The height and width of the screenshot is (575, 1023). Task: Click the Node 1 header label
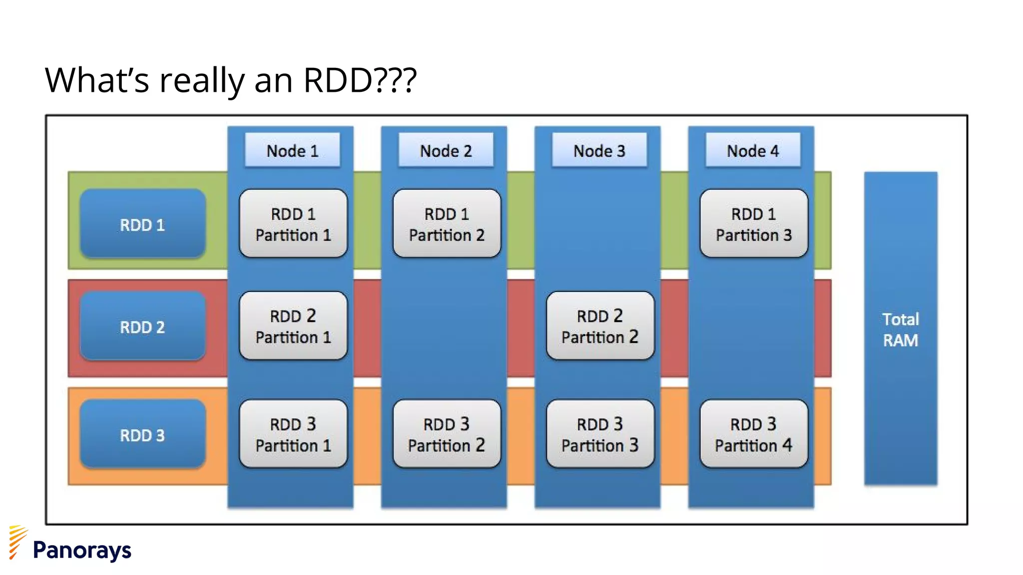point(292,150)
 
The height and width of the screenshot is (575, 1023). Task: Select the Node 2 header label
point(446,150)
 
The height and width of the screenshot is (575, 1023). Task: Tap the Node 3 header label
point(599,150)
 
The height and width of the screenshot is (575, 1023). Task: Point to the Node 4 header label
point(752,150)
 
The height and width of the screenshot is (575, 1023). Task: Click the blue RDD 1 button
point(142,224)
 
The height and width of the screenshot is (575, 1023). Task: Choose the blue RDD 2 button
point(142,326)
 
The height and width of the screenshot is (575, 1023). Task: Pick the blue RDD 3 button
point(142,434)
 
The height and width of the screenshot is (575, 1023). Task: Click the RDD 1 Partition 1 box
point(293,224)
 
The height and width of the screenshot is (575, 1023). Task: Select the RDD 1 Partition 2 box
point(447,224)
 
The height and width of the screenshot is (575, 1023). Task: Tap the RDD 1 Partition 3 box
point(753,224)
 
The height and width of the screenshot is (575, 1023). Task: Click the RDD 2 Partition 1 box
point(293,326)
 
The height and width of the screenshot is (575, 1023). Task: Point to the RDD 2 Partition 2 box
point(600,326)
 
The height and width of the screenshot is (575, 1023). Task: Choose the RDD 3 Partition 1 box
point(293,434)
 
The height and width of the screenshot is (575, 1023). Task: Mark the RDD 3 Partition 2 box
point(447,434)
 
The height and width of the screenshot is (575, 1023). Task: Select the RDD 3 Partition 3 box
point(600,434)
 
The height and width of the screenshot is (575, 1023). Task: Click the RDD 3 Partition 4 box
point(753,434)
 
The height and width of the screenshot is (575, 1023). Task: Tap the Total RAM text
point(900,329)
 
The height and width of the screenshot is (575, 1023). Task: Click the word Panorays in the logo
point(82,550)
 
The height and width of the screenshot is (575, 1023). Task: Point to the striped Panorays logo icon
point(17,542)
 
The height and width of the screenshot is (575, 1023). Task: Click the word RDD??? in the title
point(360,80)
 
